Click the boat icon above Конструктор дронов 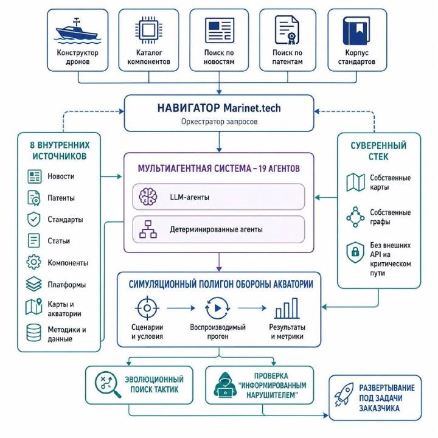coord(77,31)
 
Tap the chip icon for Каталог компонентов coord(148,30)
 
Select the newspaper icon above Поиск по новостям coord(219,30)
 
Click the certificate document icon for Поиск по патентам coord(287,30)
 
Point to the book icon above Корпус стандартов coord(356,31)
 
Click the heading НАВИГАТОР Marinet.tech coord(219,108)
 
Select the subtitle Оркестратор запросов coord(219,122)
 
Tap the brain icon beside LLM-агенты coord(148,196)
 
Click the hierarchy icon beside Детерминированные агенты coord(148,229)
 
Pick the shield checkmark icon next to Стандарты coord(34,219)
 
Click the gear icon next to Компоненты coord(34,262)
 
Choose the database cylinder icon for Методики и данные coord(34,333)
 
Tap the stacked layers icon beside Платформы coord(34,284)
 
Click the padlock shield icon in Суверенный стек coord(355,252)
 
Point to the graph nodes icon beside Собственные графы coord(355,217)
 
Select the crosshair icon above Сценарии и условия coord(147,308)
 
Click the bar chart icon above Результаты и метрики coord(287,308)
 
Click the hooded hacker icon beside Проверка coord(225,384)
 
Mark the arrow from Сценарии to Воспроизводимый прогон coord(181,308)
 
